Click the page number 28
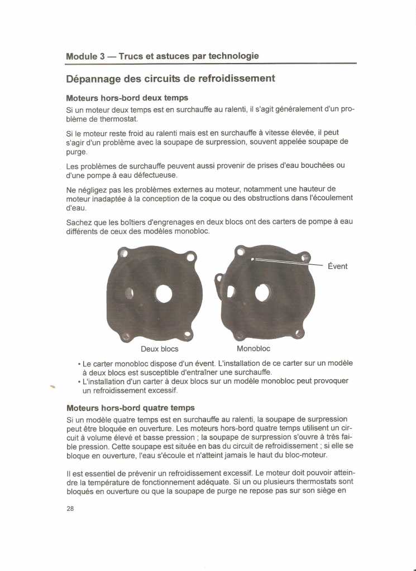[x=70, y=509]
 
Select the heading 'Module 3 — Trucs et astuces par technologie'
[x=162, y=56]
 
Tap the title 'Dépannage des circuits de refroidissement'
[x=170, y=79]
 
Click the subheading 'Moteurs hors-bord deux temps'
[x=127, y=98]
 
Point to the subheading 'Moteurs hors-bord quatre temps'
[x=130, y=408]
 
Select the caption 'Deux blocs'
[x=160, y=349]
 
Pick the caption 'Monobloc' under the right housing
[x=254, y=349]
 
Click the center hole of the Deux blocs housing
[x=164, y=293]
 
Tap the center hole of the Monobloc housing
[x=262, y=293]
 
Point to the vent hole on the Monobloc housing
[x=252, y=259]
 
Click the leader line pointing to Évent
[x=290, y=262]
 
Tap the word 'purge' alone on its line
[x=76, y=152]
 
